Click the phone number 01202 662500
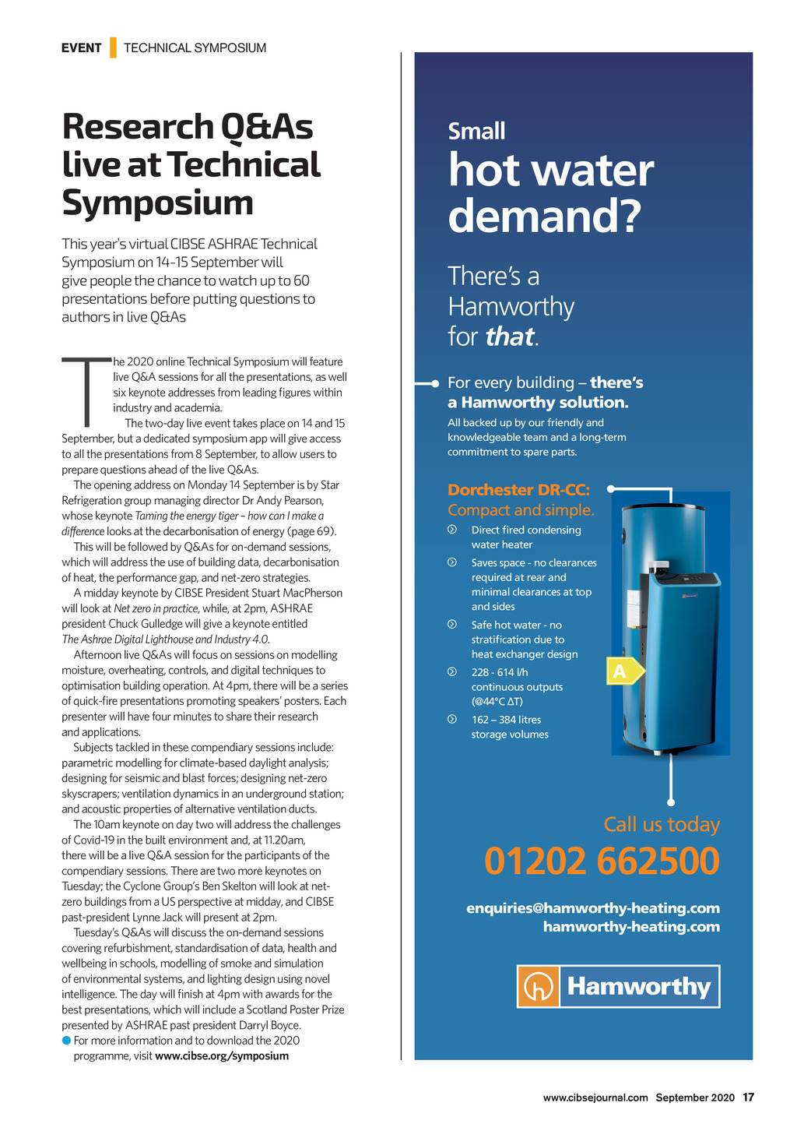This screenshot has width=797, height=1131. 602,861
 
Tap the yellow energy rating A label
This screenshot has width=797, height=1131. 623,671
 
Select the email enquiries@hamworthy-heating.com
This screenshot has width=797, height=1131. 593,908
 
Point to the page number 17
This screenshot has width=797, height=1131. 748,1098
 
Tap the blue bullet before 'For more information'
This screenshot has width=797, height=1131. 66,1041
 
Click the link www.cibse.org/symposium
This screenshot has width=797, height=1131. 222,1056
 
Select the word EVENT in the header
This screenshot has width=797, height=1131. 82,48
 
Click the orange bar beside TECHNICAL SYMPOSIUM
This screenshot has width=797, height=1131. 113,48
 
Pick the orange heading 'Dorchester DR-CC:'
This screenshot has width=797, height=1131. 518,490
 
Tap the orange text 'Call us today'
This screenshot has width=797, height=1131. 662,824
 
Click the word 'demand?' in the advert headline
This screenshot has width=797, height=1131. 544,216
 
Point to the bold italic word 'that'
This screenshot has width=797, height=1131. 510,336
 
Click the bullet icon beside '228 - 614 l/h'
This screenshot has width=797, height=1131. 452,671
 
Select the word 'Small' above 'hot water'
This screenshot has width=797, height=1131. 476,131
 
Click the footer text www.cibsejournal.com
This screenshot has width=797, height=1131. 595,1098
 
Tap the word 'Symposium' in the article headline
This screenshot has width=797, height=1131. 158,203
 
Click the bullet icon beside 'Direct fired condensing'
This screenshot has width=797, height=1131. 452,530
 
